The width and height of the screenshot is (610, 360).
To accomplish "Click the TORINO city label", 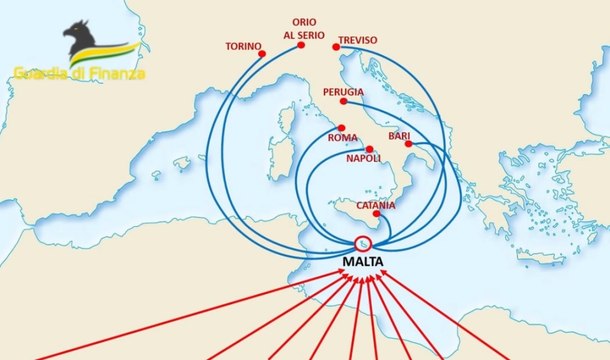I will pos(243,46).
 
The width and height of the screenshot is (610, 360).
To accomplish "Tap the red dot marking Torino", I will pos(262,53).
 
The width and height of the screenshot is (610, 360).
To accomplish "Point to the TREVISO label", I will pos(358,41).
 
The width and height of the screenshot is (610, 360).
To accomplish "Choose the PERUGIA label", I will pos(343,92).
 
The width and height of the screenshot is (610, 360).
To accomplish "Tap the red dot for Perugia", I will pos(344,102).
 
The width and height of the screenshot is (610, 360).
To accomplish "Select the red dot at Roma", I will pos(342,128).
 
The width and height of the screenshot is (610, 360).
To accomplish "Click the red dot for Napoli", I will pos(369,149).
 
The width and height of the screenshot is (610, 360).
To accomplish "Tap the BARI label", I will pos(400,136).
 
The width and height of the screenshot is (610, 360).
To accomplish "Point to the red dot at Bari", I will pos(409,146).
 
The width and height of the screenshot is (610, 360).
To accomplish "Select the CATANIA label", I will pos(376,205).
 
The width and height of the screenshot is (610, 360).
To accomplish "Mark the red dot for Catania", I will pos(376,214).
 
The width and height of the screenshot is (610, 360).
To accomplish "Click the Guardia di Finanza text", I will pos(79,73).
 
